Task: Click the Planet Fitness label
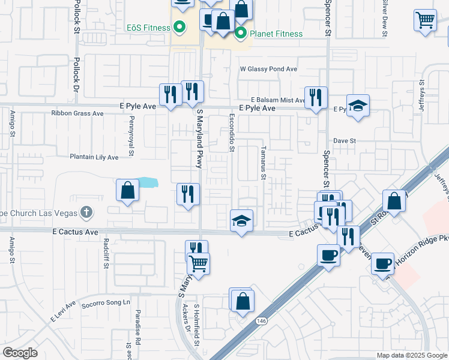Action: click(276, 34)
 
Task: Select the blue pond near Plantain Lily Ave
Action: click(148, 182)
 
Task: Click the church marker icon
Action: click(87, 212)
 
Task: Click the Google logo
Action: click(20, 353)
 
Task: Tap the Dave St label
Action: click(345, 141)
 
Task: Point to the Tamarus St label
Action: click(262, 162)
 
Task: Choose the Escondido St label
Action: click(231, 131)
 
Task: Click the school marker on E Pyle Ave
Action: click(358, 106)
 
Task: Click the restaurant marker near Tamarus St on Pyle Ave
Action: click(316, 97)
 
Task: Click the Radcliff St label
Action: click(106, 251)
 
